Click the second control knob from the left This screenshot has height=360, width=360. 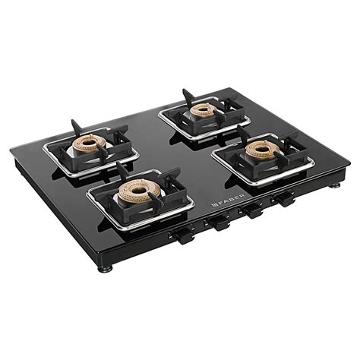click(x=221, y=224)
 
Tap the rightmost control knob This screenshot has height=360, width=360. click(x=285, y=201)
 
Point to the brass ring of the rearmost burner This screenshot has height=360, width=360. click(x=203, y=109)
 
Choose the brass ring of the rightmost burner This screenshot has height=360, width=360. click(x=260, y=150)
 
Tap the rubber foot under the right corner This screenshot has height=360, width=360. click(x=334, y=185)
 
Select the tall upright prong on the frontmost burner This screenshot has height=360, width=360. click(x=121, y=170)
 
